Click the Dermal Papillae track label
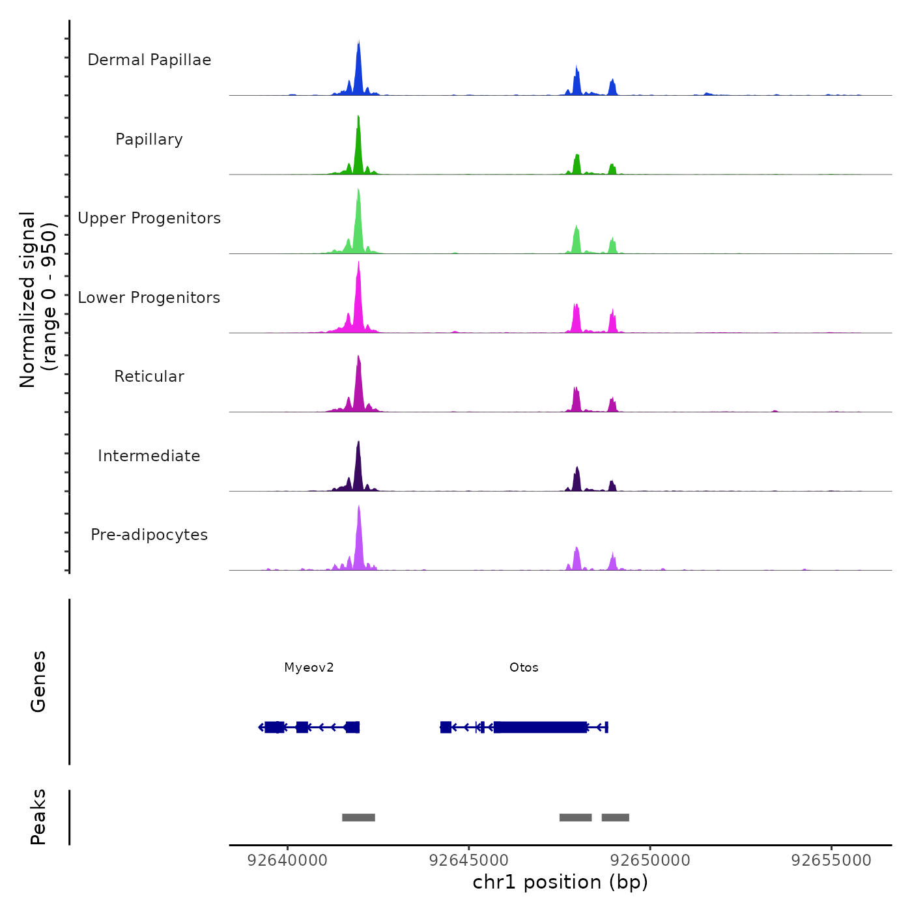point(149,60)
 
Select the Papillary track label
point(149,139)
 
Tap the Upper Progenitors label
point(149,218)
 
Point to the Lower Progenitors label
point(149,298)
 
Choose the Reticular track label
point(149,377)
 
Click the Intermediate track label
point(149,456)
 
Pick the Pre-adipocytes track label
point(149,535)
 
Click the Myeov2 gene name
point(309,668)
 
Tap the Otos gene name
point(524,668)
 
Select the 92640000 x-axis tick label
point(287,861)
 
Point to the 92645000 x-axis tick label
point(469,861)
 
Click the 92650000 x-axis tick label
point(650,861)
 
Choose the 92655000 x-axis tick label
point(831,861)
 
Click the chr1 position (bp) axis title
point(560,882)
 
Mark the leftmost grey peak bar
point(358,818)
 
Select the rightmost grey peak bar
point(615,818)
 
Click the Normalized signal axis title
point(38,300)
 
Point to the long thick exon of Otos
point(540,727)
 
